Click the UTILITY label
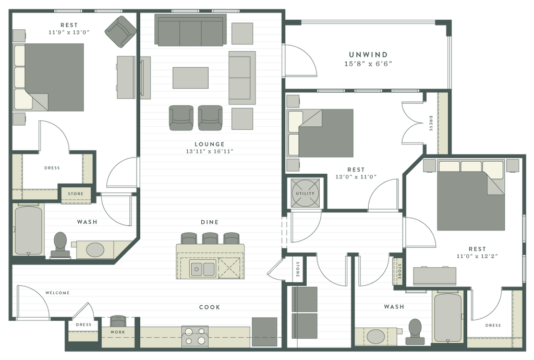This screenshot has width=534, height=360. point(305,194)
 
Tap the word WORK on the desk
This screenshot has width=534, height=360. point(118,331)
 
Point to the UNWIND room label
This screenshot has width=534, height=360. point(369,54)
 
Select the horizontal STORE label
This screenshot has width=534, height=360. point(76,194)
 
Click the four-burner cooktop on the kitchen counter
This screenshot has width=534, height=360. point(195,336)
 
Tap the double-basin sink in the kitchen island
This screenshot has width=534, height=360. point(203,269)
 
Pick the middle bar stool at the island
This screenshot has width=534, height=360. point(210,238)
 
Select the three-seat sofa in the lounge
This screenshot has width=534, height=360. point(190,31)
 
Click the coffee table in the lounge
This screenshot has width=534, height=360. point(191,77)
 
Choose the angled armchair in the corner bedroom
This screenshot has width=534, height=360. point(120,31)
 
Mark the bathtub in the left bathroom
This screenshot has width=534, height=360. point(29,230)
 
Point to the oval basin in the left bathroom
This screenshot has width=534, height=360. point(95,249)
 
